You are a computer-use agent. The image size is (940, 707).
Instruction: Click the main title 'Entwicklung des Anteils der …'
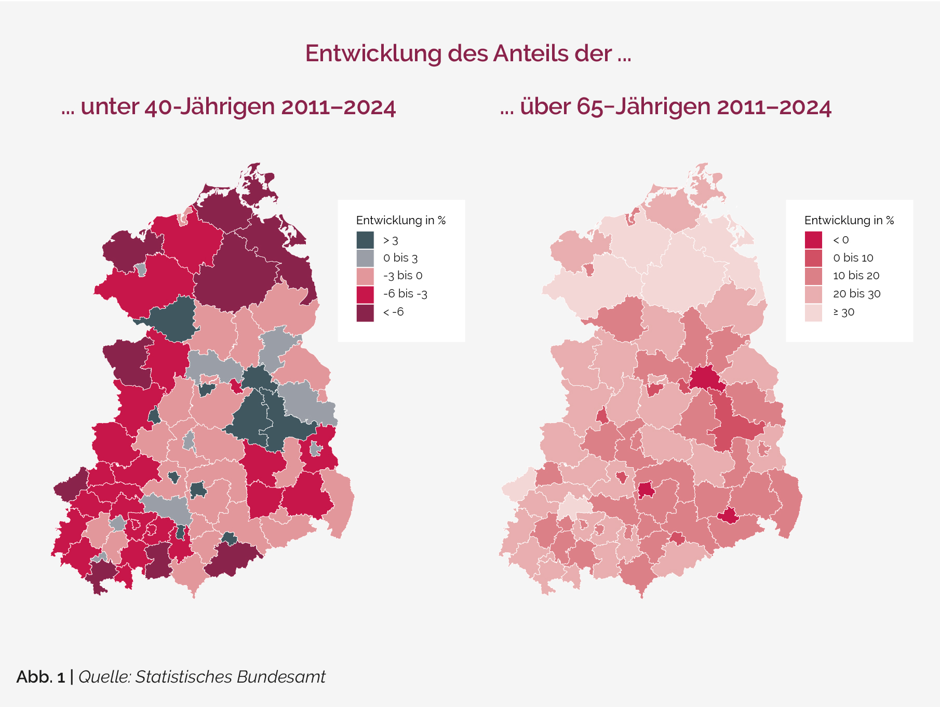pyautogui.click(x=468, y=53)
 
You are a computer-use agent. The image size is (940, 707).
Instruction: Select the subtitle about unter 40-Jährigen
pyautogui.click(x=229, y=107)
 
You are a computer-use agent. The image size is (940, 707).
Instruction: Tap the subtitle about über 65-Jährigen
pyautogui.click(x=665, y=107)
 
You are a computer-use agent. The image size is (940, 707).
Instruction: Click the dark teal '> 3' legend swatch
pyautogui.click(x=365, y=240)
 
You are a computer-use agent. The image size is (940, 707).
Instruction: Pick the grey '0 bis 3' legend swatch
pyautogui.click(x=365, y=258)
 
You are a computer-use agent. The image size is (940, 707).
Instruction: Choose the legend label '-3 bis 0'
pyautogui.click(x=402, y=276)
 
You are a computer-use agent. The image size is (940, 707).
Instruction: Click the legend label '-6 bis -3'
pyautogui.click(x=405, y=294)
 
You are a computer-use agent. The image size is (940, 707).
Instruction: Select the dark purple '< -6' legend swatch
pyautogui.click(x=365, y=312)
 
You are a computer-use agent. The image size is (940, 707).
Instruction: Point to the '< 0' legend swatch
pyautogui.click(x=813, y=240)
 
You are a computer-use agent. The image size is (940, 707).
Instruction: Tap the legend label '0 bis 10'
pyautogui.click(x=853, y=258)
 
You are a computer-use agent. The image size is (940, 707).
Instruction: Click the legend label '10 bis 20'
pyautogui.click(x=856, y=276)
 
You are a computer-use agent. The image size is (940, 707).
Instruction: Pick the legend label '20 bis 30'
pyautogui.click(x=856, y=294)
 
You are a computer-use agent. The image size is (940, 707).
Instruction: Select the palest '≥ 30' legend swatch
pyautogui.click(x=813, y=312)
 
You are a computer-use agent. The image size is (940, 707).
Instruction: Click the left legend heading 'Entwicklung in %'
pyautogui.click(x=401, y=220)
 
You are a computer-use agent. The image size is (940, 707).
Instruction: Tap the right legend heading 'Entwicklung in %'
pyautogui.click(x=849, y=220)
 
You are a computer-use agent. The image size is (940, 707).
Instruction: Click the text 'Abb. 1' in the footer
pyautogui.click(x=41, y=677)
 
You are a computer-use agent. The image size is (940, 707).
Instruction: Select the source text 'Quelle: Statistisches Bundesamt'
pyautogui.click(x=202, y=677)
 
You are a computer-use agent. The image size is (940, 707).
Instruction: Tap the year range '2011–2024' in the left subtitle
pyautogui.click(x=339, y=107)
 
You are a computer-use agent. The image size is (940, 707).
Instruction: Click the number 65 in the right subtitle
pyautogui.click(x=590, y=107)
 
